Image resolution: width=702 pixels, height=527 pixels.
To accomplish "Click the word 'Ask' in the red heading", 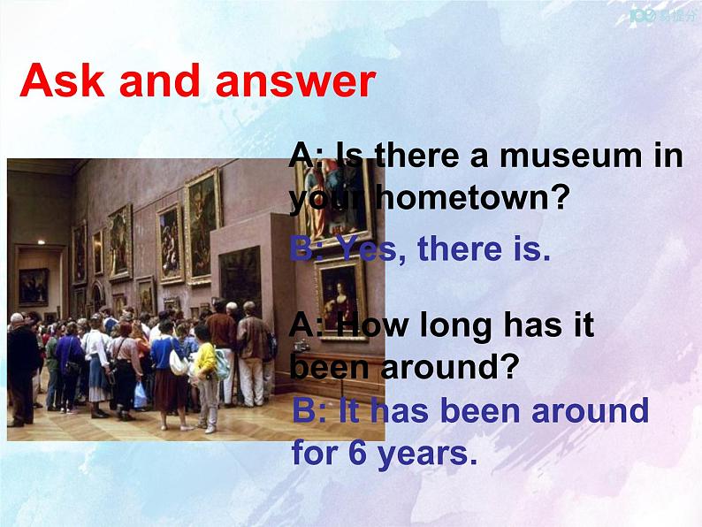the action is [62, 80].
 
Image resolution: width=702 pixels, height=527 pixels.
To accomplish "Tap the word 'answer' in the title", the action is [296, 81].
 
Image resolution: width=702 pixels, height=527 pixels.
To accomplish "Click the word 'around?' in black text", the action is [449, 367].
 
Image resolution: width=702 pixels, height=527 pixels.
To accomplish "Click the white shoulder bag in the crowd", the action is [179, 362].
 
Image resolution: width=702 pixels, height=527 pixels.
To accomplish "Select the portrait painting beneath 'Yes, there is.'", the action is [341, 299].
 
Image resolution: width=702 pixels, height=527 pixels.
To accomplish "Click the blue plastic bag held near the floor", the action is [140, 395].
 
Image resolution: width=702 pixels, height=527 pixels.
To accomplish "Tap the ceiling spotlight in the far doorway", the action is [42, 242].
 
